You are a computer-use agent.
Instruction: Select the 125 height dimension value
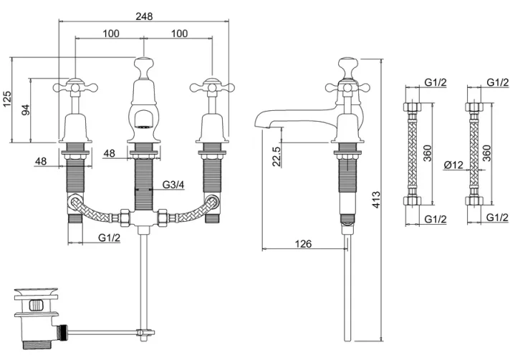(7, 99)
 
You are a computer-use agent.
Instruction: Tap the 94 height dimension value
(27, 110)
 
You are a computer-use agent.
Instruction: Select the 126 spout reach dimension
(304, 244)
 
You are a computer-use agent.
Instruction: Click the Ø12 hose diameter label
(453, 165)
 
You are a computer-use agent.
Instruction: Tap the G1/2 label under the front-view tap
(109, 237)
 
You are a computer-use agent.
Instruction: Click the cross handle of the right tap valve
(211, 87)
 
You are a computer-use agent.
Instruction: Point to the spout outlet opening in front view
(143, 126)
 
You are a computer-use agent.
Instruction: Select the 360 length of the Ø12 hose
(486, 153)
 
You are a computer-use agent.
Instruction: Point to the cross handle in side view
(347, 87)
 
